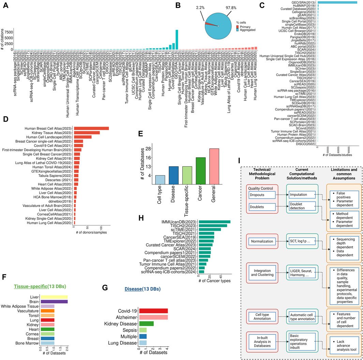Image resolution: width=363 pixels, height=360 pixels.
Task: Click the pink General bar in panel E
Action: (214, 166)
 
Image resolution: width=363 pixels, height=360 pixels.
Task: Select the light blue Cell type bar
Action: (160, 179)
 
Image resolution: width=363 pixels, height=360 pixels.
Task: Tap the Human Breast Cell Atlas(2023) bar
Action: (91, 128)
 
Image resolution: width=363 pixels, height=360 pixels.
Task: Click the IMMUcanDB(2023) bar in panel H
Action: (215, 222)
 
